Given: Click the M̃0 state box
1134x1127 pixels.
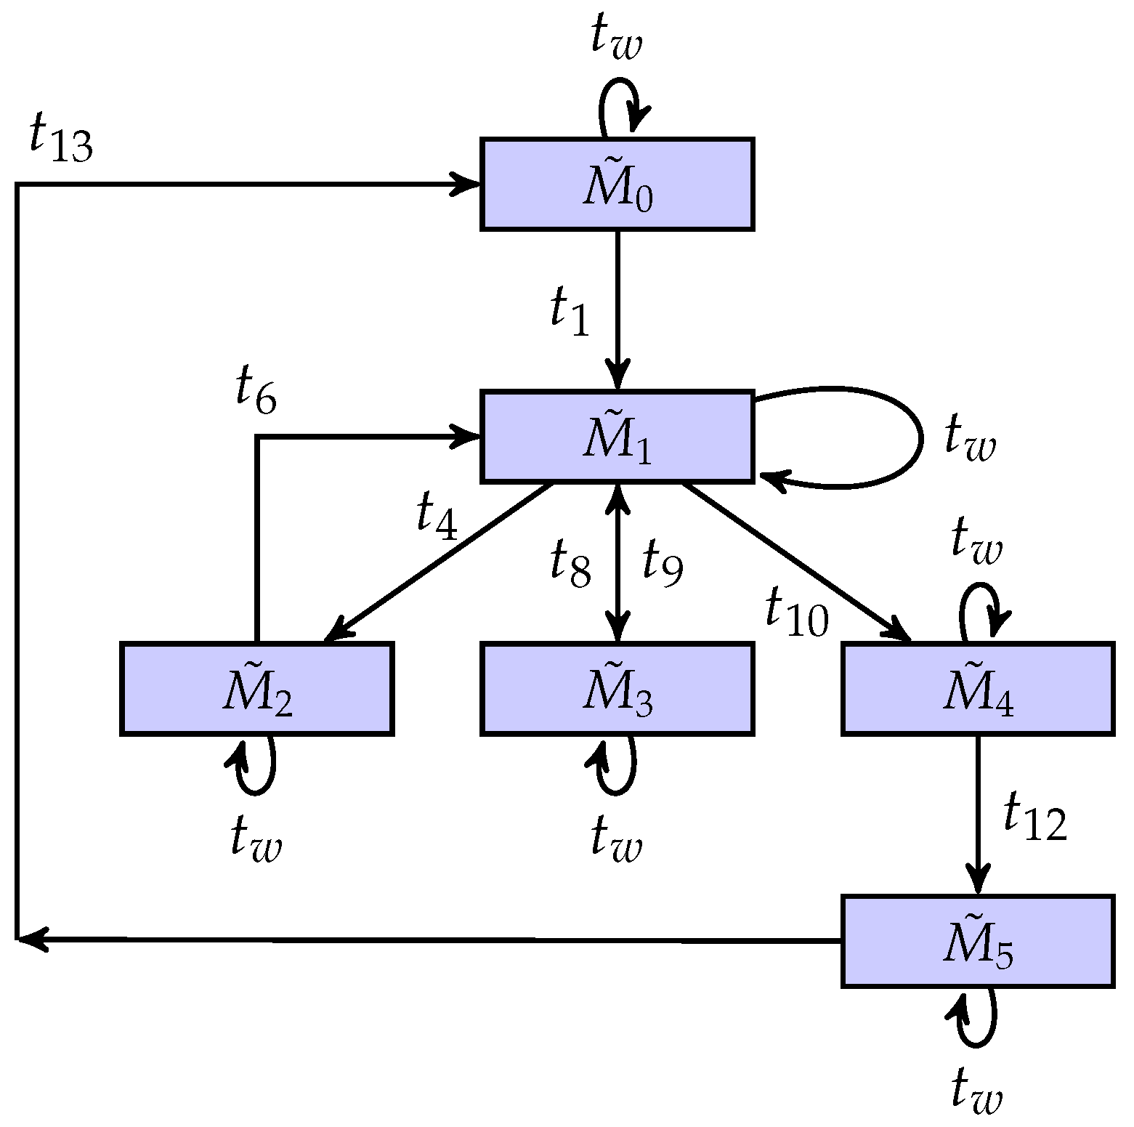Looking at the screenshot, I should [x=617, y=185].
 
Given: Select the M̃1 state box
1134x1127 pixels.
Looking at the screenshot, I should [x=617, y=436].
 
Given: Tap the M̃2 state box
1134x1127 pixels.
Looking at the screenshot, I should [x=256, y=688].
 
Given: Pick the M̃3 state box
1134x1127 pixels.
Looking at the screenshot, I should [x=617, y=688].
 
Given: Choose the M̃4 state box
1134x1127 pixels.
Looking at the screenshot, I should [x=977, y=688].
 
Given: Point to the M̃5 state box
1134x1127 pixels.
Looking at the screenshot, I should [x=977, y=940].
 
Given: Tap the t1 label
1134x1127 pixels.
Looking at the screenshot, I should [x=570, y=312].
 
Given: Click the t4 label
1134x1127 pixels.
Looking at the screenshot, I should [x=437, y=516].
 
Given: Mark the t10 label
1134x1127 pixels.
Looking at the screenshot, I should [x=796, y=613].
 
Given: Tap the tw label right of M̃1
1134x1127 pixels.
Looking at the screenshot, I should [x=970, y=438].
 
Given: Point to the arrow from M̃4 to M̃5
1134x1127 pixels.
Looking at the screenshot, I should [x=978, y=814].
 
